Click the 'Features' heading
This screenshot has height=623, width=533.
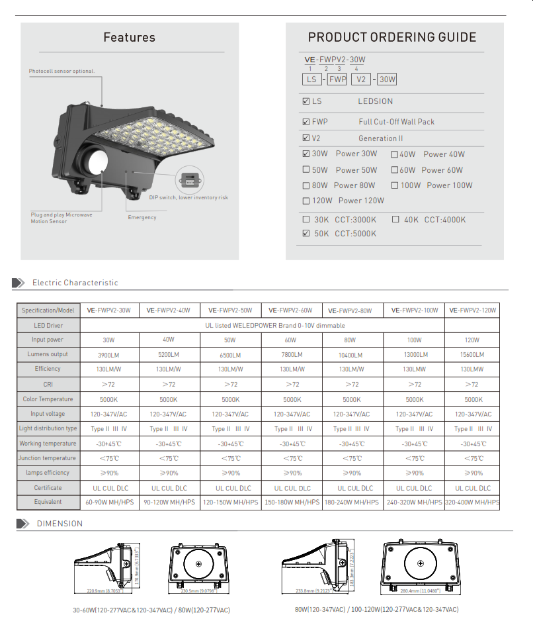(130, 38)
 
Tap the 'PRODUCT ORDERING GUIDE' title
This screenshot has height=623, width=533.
(392, 38)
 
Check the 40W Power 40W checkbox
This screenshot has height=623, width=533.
(394, 154)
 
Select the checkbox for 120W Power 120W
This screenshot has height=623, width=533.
(306, 201)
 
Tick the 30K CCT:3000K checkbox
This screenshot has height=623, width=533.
(306, 220)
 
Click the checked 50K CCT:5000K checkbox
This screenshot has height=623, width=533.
(306, 234)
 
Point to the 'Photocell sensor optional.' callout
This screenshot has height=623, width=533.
(61, 71)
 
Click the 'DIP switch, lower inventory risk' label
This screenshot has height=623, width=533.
(188, 198)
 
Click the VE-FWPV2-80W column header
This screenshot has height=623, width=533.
(352, 311)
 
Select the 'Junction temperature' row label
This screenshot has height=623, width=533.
(48, 458)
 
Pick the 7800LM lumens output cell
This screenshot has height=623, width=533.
(292, 355)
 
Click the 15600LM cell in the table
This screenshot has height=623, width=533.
(472, 355)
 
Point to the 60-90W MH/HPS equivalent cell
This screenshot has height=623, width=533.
(110, 503)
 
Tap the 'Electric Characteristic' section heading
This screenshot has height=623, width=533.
(75, 283)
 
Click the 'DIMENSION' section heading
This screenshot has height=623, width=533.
(60, 524)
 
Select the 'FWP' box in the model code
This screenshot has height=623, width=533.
(337, 79)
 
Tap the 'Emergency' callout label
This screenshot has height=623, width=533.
(142, 217)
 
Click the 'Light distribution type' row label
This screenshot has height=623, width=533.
(48, 429)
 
